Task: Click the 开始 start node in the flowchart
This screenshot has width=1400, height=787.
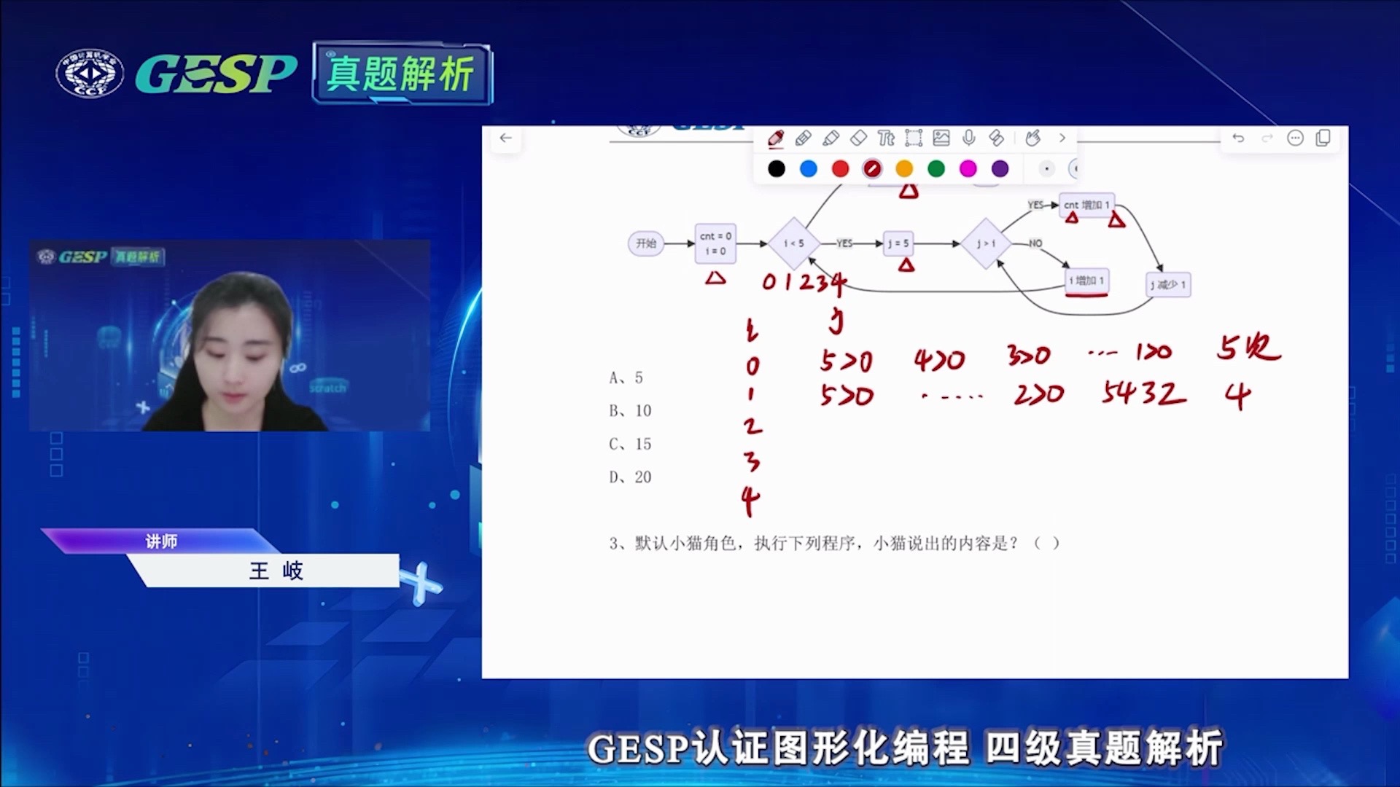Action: [x=645, y=243]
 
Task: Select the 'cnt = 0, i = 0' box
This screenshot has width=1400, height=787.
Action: [x=715, y=243]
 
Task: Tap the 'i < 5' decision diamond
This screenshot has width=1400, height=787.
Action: [x=793, y=243]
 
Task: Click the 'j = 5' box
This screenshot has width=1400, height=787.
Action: [x=898, y=243]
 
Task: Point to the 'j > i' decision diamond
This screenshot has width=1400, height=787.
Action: [x=986, y=243]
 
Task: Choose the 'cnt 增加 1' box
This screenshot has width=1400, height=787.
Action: [x=1086, y=205]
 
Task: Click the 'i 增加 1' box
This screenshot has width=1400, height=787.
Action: [x=1086, y=281]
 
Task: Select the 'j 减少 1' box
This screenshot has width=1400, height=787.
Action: [x=1167, y=284]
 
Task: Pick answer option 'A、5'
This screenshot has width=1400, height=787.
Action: [x=626, y=377]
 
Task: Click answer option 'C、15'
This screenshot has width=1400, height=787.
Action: [x=630, y=444]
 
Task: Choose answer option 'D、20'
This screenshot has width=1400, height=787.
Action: [x=630, y=477]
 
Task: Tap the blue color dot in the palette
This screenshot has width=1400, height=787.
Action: [x=808, y=169]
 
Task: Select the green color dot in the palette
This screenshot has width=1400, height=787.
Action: [x=936, y=169]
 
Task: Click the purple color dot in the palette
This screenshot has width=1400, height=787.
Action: [x=1000, y=169]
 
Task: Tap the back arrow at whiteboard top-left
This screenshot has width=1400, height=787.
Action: [x=506, y=138]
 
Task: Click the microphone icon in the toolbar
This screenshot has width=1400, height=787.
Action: [x=968, y=138]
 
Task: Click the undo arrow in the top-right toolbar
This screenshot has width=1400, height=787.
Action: [x=1238, y=138]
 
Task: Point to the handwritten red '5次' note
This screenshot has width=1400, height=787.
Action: [x=1248, y=348]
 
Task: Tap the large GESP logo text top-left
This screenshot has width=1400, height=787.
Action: [x=216, y=74]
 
